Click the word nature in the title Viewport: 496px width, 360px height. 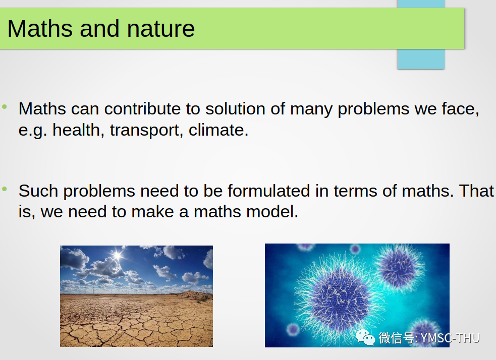[x=160, y=29]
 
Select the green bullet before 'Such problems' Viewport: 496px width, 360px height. [x=5, y=189]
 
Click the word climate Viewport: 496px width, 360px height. [x=218, y=130]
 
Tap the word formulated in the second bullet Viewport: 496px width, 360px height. [x=268, y=191]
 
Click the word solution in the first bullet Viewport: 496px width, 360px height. [x=235, y=109]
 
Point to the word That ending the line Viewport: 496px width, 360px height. [x=476, y=191]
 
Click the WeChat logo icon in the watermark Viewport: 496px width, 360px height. [x=365, y=337]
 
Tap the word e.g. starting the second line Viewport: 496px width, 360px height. [x=33, y=130]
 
